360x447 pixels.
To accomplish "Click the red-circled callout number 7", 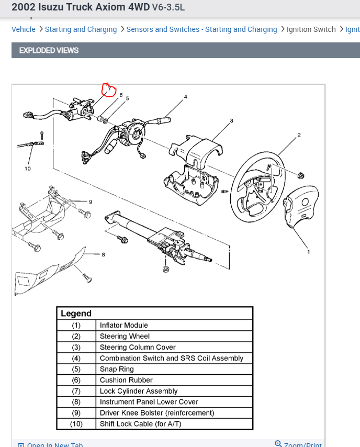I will click(109, 90).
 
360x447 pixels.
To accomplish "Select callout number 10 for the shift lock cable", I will click(28, 169).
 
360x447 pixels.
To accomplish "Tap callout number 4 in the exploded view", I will click(185, 97).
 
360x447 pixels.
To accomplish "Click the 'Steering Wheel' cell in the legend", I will click(125, 336).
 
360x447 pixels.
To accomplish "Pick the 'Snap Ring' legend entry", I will click(117, 369).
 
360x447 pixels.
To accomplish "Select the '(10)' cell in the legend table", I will click(76, 424).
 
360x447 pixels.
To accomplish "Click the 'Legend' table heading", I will click(76, 314).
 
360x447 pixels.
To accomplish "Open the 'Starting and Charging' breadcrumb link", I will click(81, 29).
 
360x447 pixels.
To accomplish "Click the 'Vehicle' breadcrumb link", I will click(24, 29).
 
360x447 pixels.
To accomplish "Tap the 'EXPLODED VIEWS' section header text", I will click(49, 50).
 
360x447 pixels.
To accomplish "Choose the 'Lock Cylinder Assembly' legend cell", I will click(139, 391).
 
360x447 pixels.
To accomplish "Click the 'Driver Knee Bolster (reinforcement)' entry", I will click(157, 413).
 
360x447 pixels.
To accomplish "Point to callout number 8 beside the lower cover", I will click(103, 255).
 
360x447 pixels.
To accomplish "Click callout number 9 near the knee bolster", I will click(91, 202).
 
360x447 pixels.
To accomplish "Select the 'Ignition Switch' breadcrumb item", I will click(311, 29).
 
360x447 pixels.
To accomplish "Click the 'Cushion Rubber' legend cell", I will click(126, 380).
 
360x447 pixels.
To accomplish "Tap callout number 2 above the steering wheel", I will click(299, 135).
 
